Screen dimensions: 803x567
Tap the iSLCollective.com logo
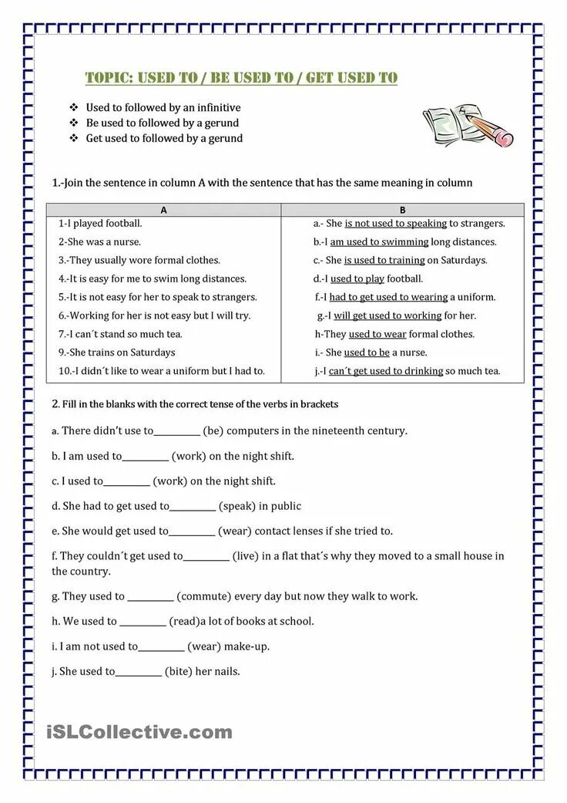tap(139, 731)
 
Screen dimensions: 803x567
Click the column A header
tap(163, 209)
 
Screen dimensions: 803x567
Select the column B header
tap(402, 209)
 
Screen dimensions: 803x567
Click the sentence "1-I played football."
tap(100, 223)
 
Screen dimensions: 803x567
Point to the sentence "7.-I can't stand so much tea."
tap(120, 334)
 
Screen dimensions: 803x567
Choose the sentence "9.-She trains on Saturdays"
tap(116, 353)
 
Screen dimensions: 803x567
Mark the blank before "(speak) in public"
tap(193, 507)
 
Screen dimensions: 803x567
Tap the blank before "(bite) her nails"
tap(139, 672)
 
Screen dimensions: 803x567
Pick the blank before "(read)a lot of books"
tap(143, 622)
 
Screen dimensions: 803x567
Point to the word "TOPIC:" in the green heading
tap(109, 78)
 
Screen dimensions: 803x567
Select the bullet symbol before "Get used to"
tap(74, 139)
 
